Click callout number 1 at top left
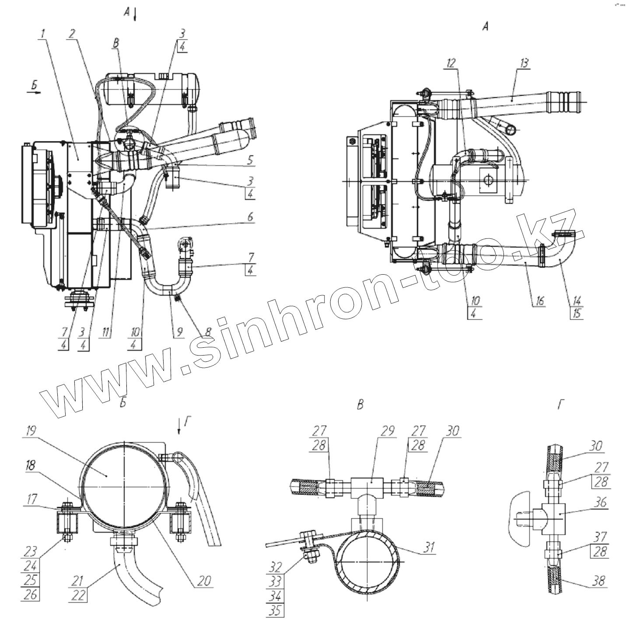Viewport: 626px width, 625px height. click(43, 33)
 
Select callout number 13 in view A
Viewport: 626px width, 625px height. click(524, 63)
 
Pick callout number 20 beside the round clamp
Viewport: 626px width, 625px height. click(205, 580)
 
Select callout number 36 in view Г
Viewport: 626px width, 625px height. click(601, 503)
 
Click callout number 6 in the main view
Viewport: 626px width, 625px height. click(250, 217)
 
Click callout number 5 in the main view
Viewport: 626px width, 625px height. click(250, 160)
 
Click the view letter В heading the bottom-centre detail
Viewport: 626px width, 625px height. click(360, 405)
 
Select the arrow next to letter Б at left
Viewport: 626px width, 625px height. click(36, 93)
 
